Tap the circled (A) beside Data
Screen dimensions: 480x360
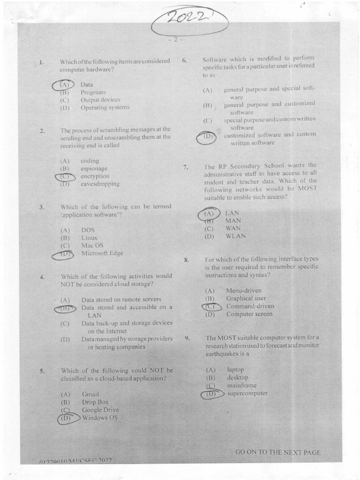pos(64,85)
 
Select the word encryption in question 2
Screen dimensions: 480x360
pos(95,176)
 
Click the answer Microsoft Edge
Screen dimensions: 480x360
pos(102,253)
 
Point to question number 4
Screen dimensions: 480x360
pos(42,277)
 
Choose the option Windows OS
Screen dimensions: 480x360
pos(100,418)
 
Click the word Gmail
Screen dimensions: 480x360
pos(90,394)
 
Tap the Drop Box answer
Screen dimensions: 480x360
pos(95,402)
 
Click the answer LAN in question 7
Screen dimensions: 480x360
pos(232,213)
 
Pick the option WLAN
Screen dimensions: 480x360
pos(235,236)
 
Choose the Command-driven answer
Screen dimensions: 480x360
pos(250,307)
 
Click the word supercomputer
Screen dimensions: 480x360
pos(247,394)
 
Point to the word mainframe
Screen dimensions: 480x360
pos(242,386)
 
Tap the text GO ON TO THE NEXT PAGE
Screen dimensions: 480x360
pos(278,452)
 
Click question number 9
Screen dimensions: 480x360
pos(187,337)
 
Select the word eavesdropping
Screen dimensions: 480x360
pos(100,184)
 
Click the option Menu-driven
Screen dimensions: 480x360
pos(244,291)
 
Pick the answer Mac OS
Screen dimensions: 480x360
pos(92,245)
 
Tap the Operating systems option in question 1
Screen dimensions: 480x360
pos(105,107)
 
